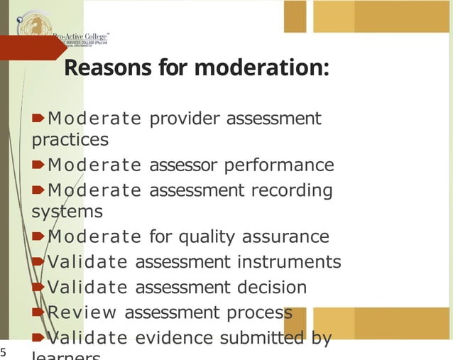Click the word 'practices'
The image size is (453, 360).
tap(70, 139)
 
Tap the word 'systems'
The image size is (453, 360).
tap(67, 212)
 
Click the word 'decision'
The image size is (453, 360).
tap(273, 288)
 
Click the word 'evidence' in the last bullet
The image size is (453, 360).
tap(175, 338)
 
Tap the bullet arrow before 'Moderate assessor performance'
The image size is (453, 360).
tap(39, 165)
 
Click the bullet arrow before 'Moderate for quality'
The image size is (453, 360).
tap(39, 236)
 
